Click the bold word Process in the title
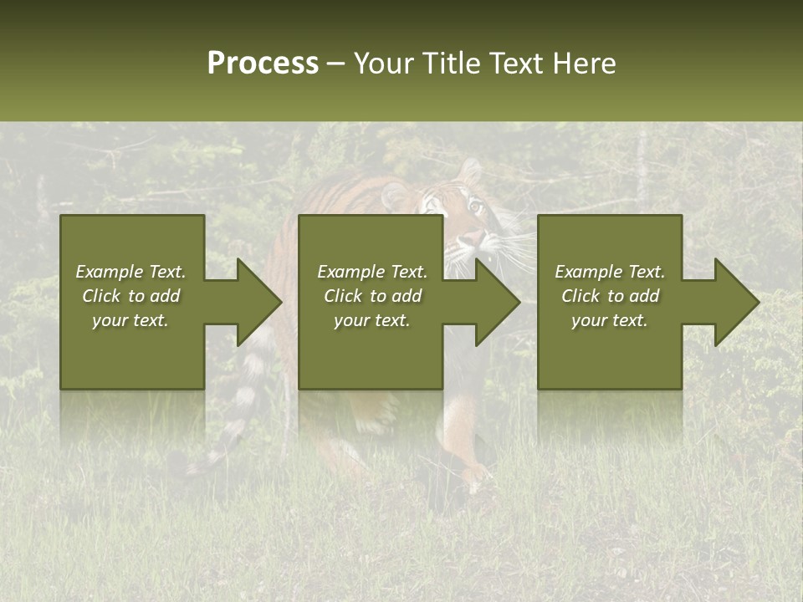point(263,63)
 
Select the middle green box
point(371,351)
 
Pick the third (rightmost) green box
point(609,351)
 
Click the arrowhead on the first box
point(255,302)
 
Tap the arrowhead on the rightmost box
point(733,302)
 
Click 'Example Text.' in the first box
point(130,272)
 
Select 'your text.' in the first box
point(130,320)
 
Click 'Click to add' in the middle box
point(372,296)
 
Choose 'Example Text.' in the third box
point(610,272)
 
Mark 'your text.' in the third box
point(610,320)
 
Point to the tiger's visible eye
point(476,206)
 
